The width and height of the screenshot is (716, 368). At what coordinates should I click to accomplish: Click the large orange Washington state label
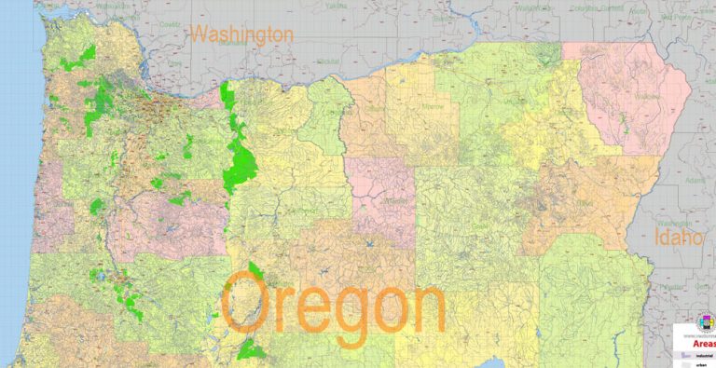coord(242,35)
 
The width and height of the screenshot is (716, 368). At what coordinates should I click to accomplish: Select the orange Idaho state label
coord(678,239)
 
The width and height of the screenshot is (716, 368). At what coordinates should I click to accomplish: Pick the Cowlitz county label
coord(169,25)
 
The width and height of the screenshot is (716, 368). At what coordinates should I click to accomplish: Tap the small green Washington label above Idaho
coord(673,224)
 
